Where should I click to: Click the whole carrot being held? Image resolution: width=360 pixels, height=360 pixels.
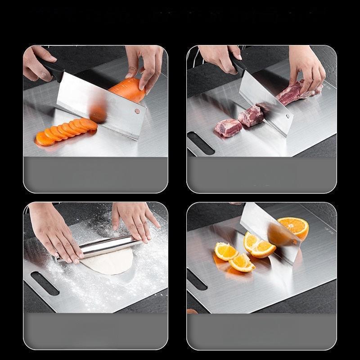pos(127,90)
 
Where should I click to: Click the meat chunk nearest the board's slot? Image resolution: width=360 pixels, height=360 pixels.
pos(228,128)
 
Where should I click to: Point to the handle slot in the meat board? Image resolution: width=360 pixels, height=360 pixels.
pos(201,143)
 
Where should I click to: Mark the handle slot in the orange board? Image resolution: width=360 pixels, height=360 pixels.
pos(197,279)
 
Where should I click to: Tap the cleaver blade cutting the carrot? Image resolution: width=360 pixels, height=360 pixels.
pos(97,103)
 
